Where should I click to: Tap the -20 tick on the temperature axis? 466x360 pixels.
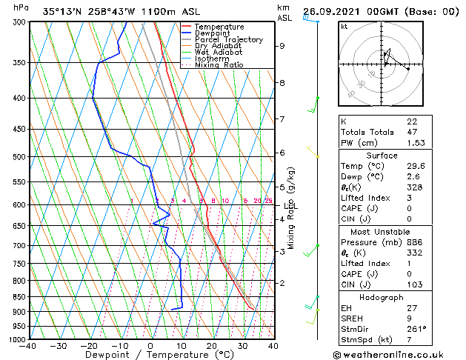[89, 346]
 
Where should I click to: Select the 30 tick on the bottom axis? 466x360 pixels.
[242, 346]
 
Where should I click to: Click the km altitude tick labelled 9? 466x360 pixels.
[282, 46]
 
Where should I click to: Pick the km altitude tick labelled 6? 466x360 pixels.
[282, 153]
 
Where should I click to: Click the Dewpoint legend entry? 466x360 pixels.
[210, 33]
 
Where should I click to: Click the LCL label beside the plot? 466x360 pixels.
[290, 206]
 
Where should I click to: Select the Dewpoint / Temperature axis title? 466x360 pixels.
[151, 356]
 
